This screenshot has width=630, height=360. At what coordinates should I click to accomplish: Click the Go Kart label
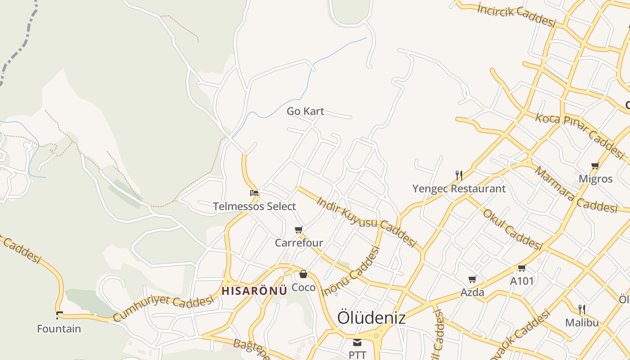[x=306, y=111]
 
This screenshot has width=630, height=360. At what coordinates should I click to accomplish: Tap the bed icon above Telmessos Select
[x=254, y=193]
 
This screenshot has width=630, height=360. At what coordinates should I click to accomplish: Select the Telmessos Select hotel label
[x=254, y=207]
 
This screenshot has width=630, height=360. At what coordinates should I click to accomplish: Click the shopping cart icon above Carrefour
[x=299, y=230]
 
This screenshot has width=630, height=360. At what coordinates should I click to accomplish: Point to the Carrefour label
[x=299, y=243]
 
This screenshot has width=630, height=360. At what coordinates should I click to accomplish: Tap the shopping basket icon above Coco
[x=303, y=274]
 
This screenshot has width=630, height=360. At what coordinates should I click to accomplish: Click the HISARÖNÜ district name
[x=254, y=291]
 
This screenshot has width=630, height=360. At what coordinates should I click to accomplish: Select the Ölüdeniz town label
[x=371, y=318]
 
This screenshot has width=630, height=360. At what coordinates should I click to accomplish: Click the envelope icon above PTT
[x=357, y=342]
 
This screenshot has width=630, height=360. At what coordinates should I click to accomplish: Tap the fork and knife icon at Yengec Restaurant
[x=459, y=175]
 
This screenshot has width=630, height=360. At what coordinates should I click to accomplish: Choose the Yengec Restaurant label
[x=459, y=189]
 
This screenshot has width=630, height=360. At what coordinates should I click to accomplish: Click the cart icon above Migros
[x=595, y=166]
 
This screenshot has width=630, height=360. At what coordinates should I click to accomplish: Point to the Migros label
[x=595, y=179]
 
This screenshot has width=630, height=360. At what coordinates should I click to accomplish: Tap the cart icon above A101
[x=522, y=268]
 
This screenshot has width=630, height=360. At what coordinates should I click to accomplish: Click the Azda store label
[x=472, y=292]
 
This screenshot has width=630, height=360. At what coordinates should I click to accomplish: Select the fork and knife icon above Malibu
[x=582, y=309]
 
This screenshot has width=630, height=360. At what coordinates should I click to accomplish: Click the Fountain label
[x=59, y=329]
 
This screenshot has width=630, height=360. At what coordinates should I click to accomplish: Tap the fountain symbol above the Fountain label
[x=59, y=315]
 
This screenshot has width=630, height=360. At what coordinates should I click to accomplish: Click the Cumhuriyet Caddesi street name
[x=163, y=308]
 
